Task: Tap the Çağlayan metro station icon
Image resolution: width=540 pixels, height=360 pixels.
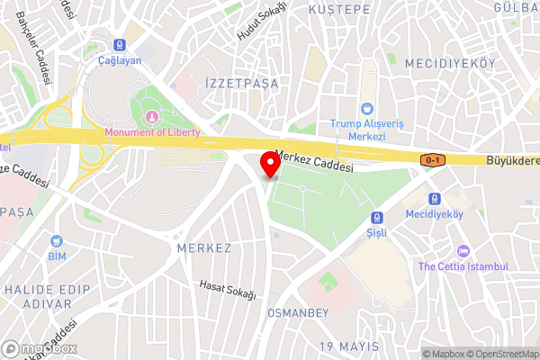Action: click(x=119, y=44)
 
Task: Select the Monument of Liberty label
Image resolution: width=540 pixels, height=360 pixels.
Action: click(x=152, y=132)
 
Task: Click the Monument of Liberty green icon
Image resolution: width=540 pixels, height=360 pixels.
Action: click(x=152, y=117)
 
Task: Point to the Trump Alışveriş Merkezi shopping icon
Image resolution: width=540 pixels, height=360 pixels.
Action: click(x=367, y=108)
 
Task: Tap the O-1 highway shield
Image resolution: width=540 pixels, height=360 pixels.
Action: click(x=433, y=159)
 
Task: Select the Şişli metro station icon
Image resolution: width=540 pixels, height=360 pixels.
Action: click(x=377, y=217)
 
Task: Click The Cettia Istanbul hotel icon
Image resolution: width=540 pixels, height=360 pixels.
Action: click(x=463, y=251)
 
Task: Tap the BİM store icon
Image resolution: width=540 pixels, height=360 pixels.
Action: click(x=58, y=241)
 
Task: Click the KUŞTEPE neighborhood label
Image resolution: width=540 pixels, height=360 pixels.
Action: click(x=339, y=9)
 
